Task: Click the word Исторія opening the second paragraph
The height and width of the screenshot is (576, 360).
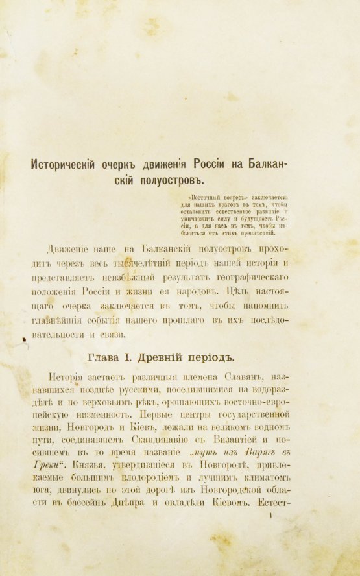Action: [x=67, y=376]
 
